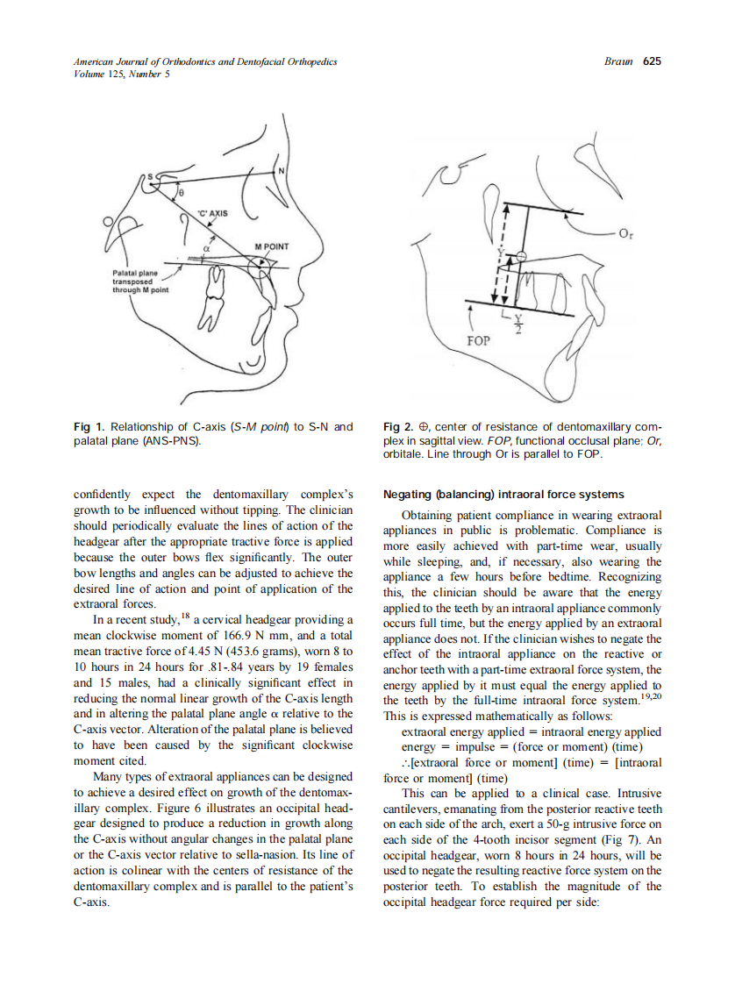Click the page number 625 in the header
click(652, 61)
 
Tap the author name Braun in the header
click(620, 61)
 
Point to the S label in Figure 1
click(148, 177)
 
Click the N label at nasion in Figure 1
click(281, 170)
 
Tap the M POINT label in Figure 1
click(272, 246)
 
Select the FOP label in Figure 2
click(478, 339)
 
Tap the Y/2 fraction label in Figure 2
click(517, 324)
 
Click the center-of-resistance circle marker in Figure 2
click(518, 256)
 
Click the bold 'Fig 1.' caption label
click(89, 427)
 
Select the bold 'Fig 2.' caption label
click(400, 427)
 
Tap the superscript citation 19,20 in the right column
click(649, 698)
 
